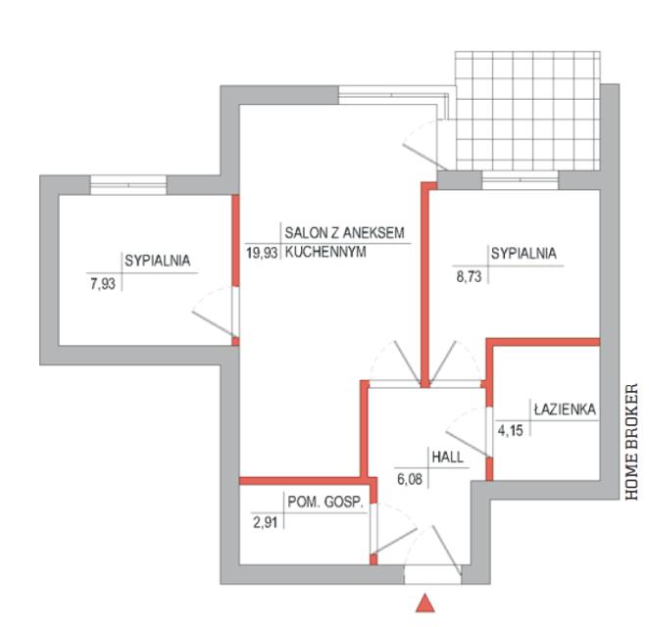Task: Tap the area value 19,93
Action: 262,251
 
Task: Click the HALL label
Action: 446,456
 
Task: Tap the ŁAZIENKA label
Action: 565,410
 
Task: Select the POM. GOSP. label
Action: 325,504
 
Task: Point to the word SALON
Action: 305,233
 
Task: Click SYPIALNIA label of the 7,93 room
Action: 157,261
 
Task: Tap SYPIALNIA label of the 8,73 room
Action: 523,254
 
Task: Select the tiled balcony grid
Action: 525,110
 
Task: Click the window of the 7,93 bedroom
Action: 128,183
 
